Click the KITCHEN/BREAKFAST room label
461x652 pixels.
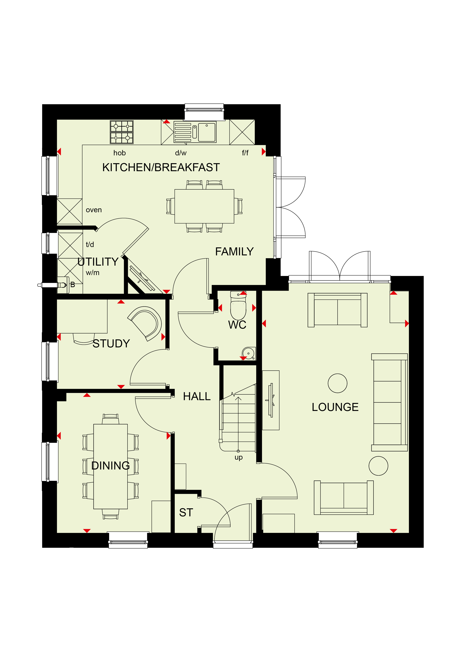(161, 167)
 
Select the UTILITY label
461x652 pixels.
(98, 262)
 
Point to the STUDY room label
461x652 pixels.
(111, 344)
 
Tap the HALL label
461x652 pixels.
(197, 396)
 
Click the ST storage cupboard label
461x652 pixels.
(186, 513)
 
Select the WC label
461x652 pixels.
(237, 325)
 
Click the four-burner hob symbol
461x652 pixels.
(122, 132)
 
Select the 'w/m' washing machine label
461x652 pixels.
(93, 273)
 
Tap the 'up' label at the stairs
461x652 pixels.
(239, 457)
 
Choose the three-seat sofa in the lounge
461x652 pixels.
(389, 402)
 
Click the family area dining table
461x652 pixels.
(204, 206)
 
